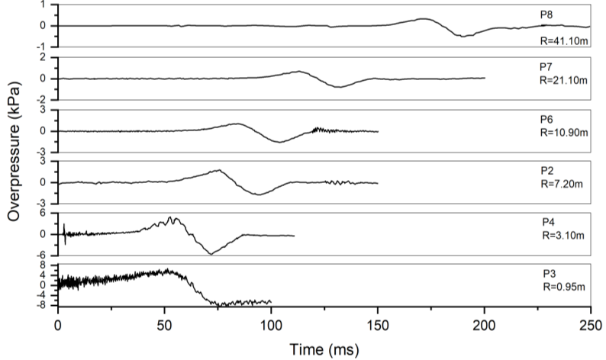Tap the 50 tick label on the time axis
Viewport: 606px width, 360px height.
(x=164, y=324)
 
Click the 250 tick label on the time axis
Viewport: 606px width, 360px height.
(x=591, y=324)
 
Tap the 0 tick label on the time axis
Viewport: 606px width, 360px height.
(x=58, y=324)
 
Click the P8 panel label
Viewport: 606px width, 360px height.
(x=545, y=14)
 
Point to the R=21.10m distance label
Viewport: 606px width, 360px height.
(x=562, y=80)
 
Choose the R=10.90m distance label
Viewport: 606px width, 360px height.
(x=562, y=133)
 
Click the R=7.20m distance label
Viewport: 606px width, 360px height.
(x=559, y=185)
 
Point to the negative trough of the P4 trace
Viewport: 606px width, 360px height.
(x=210, y=253)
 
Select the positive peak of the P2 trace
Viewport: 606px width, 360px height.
(x=219, y=170)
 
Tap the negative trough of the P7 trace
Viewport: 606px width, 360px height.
(x=340, y=87)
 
